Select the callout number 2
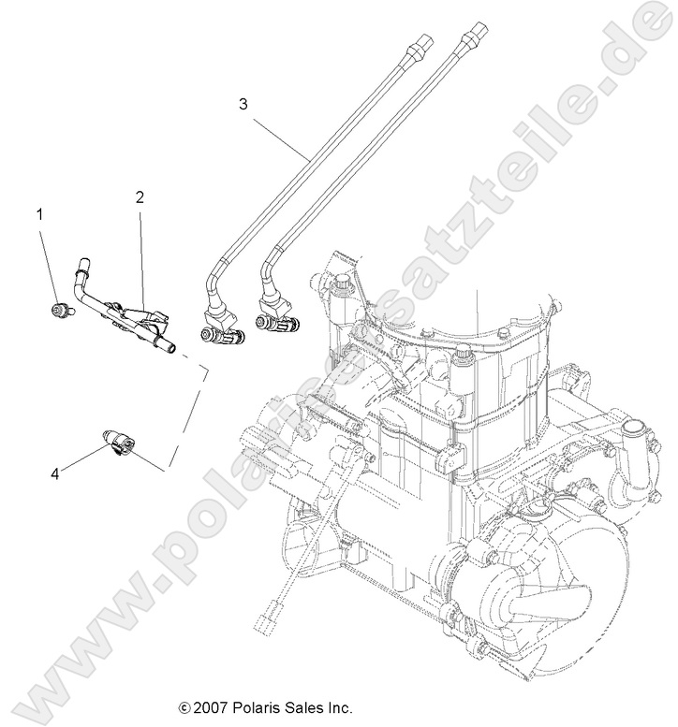[140, 197]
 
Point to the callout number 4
[55, 474]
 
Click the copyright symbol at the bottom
[184, 708]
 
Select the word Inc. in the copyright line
[338, 707]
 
